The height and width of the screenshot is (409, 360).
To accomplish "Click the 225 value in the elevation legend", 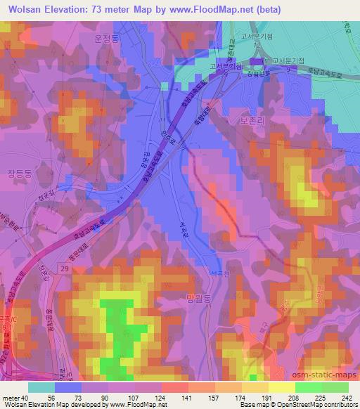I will click(x=321, y=398).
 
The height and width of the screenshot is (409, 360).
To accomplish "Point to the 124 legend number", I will click(x=160, y=398).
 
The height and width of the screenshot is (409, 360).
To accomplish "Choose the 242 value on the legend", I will click(x=347, y=398).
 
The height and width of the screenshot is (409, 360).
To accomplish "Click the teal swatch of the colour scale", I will click(x=41, y=387).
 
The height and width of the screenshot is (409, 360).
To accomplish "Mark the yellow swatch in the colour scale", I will click(x=281, y=387).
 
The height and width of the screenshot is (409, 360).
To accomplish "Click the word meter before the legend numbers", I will click(x=11, y=398).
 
